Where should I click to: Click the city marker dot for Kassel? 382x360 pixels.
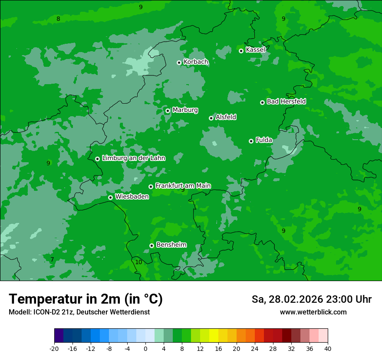[x=241, y=51]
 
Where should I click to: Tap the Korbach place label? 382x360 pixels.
[x=196, y=62]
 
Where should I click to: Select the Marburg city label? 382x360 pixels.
[x=185, y=110]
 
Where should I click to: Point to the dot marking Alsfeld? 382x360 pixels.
[x=211, y=118]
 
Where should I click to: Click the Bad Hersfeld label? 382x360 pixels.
[x=286, y=101]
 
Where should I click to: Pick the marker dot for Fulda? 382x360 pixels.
[x=251, y=141]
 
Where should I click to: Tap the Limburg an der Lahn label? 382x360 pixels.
[x=133, y=158]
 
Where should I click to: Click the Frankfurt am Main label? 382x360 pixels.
[x=183, y=186]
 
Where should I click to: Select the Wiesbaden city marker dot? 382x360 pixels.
[x=110, y=197]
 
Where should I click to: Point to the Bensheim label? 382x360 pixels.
[x=171, y=245]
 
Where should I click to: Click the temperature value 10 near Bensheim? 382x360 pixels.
[x=138, y=262]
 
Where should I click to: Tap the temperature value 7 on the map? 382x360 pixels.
[x=52, y=259]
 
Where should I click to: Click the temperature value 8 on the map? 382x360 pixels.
[x=58, y=19]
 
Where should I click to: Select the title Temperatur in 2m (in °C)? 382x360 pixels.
[x=86, y=299]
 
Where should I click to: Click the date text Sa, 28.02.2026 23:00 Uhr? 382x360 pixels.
[x=311, y=299]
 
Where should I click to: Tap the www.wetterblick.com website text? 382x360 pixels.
[x=313, y=312]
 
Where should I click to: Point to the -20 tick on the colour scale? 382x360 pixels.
[x=54, y=349]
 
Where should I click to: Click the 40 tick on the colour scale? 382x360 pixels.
[x=327, y=349]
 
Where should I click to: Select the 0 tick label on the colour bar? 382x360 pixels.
[x=145, y=349]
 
